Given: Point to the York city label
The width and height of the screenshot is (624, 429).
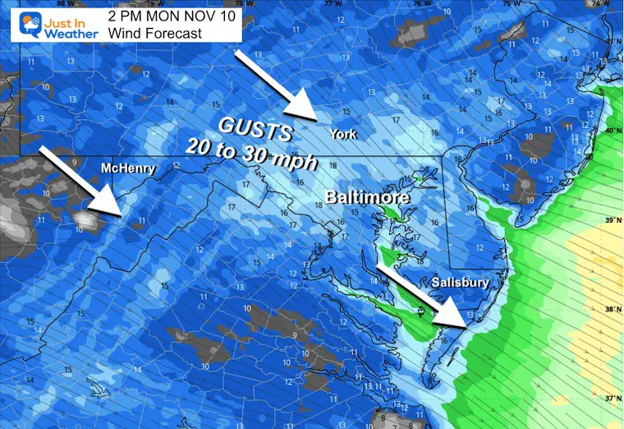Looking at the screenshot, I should [342, 134].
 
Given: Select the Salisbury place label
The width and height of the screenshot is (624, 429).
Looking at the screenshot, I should [461, 283].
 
